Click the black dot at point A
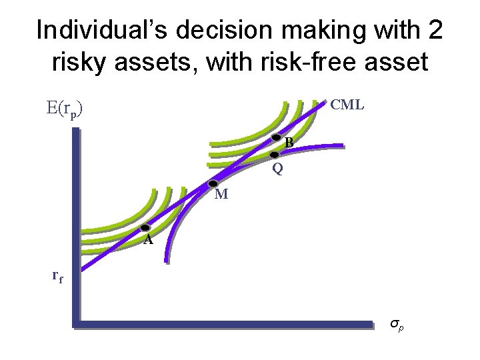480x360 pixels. coord(145,228)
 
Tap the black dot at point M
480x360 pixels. coord(213,183)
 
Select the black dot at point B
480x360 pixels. coord(277,138)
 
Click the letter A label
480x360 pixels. coord(148,240)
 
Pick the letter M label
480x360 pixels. coord(221,195)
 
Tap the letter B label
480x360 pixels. coord(289,142)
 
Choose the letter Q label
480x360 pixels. coord(277,169)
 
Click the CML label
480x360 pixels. coord(347,105)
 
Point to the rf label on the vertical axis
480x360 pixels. coord(59,275)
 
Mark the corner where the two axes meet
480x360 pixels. coord(74,325)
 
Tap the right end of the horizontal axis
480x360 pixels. coord(371,325)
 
